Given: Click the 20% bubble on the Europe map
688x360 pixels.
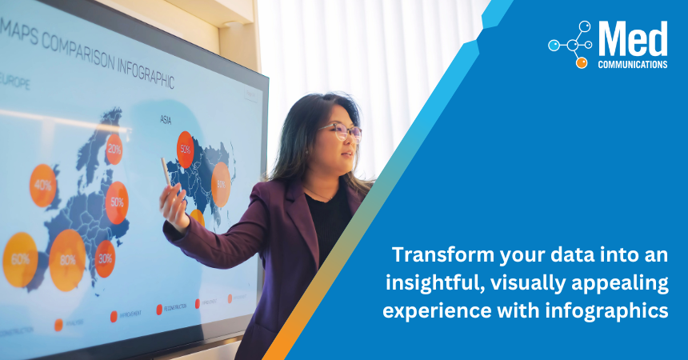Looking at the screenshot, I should click(x=114, y=149).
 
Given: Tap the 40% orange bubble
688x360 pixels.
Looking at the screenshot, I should click(x=42, y=185).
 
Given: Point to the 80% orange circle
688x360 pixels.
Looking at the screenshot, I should click(x=68, y=260).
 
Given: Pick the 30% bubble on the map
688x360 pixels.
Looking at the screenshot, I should click(x=105, y=258).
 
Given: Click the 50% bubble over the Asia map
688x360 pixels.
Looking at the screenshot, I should click(x=186, y=149).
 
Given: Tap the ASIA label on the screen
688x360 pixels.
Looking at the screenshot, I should click(x=166, y=120).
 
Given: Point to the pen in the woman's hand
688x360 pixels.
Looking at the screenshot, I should click(x=166, y=172).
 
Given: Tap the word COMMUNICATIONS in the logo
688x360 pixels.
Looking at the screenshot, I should click(x=632, y=64).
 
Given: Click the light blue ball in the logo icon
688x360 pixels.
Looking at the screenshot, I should click(x=554, y=46).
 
